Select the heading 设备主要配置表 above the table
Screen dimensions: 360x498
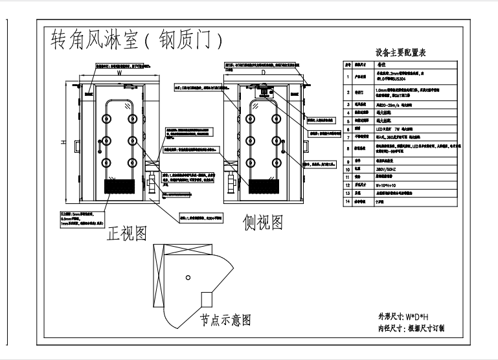[400, 52]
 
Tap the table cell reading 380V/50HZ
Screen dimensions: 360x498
[389, 175]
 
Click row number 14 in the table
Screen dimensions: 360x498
[347, 202]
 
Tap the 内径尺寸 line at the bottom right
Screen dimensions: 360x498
[411, 328]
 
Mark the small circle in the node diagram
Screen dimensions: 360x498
[187, 277]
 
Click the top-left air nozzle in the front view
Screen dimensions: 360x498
[104, 118]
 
